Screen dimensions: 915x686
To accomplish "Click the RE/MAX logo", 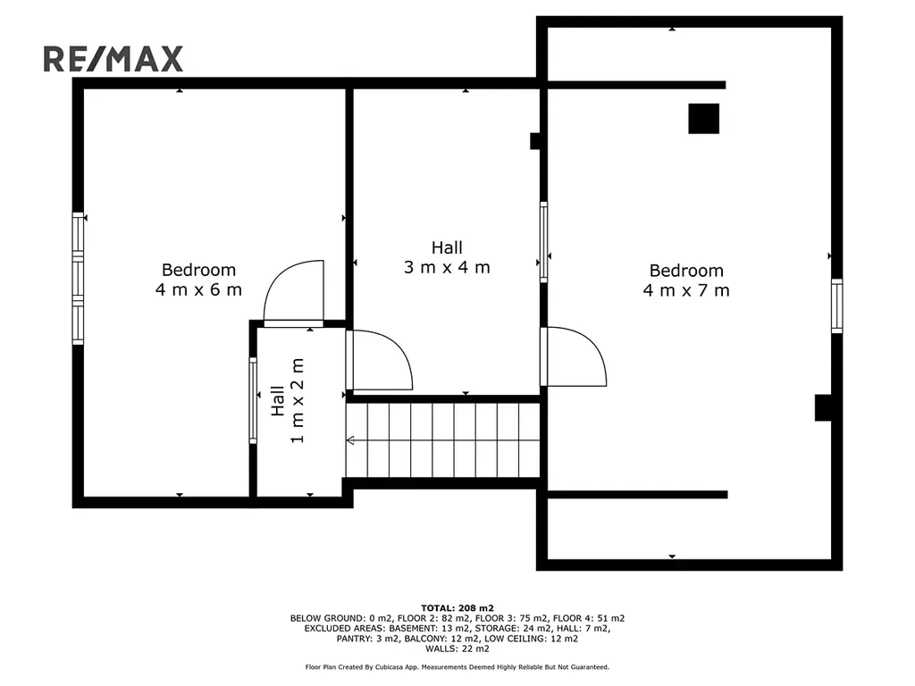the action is pyautogui.click(x=113, y=59).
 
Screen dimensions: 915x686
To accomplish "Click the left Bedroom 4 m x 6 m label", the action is pyautogui.click(x=198, y=280).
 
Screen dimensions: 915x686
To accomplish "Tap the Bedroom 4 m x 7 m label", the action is pyautogui.click(x=686, y=280).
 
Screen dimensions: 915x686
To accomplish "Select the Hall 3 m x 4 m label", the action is pyautogui.click(x=447, y=257).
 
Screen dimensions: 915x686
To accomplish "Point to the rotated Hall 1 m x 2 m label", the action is pyautogui.click(x=287, y=401).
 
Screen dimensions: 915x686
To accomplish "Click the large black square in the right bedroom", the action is pyautogui.click(x=704, y=119).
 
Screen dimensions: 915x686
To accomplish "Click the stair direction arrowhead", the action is pyautogui.click(x=350, y=439).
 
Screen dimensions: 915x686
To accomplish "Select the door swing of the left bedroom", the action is pyautogui.click(x=293, y=292).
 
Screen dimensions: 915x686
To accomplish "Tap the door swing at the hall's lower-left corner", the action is pyautogui.click(x=380, y=360).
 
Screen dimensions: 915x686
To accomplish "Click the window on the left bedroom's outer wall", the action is pyautogui.click(x=78, y=279).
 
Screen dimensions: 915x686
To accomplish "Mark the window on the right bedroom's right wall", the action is pyautogui.click(x=836, y=306).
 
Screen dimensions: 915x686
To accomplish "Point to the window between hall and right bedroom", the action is pyautogui.click(x=544, y=242).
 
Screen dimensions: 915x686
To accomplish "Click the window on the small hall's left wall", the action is pyautogui.click(x=253, y=401).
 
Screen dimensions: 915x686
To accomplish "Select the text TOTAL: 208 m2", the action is pyautogui.click(x=457, y=608).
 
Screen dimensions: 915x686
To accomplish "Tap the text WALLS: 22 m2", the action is pyautogui.click(x=457, y=648).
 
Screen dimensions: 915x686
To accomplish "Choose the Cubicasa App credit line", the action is pyautogui.click(x=457, y=666).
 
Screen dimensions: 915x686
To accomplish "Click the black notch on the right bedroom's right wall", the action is pyautogui.click(x=823, y=407).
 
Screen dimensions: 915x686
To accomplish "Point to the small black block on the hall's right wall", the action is pyautogui.click(x=535, y=141).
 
